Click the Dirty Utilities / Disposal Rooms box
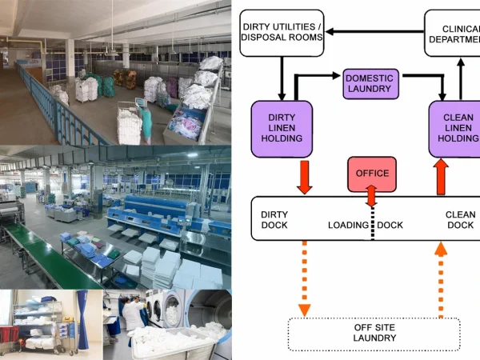281,33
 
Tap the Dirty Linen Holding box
281,127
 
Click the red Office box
371,173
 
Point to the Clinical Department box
452,33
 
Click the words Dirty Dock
274,220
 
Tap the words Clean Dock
460,220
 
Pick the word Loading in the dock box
348,226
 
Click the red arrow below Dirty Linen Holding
304,176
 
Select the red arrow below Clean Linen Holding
440,176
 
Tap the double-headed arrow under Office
370,194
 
